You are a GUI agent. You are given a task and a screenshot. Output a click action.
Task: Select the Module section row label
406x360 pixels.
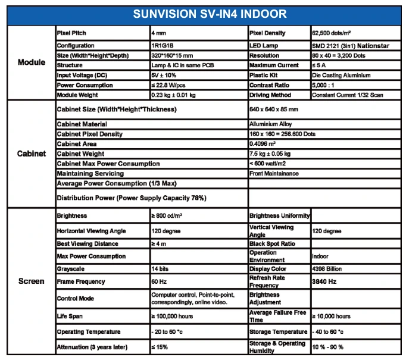click(x=31, y=62)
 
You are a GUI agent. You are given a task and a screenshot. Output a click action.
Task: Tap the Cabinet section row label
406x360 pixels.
click(x=31, y=154)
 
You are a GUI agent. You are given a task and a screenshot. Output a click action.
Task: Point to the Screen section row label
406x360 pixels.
click(x=31, y=281)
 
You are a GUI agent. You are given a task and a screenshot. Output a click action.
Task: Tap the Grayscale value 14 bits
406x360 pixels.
click(x=160, y=269)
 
